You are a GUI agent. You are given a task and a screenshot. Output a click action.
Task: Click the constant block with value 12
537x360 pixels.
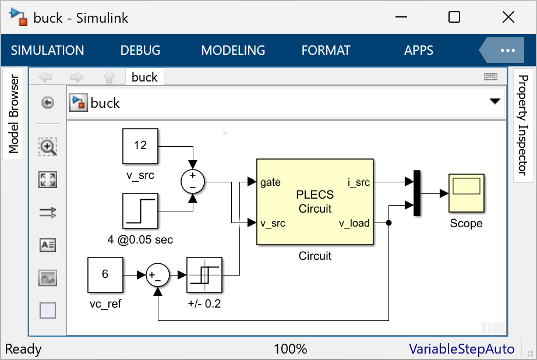tap(140, 146)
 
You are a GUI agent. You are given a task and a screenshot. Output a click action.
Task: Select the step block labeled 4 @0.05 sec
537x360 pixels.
tap(140, 210)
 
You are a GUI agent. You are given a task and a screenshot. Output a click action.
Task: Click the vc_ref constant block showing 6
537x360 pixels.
tap(105, 275)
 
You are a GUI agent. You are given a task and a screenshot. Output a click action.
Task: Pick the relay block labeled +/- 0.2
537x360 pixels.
tap(204, 275)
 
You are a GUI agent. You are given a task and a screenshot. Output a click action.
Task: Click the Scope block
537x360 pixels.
tap(466, 193)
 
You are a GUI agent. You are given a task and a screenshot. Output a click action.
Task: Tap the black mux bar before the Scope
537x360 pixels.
tap(417, 193)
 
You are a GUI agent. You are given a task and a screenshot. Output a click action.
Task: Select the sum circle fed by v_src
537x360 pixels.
tap(193, 181)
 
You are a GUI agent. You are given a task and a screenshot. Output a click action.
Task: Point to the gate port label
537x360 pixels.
tap(271, 182)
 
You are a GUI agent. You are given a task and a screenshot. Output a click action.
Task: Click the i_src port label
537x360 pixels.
tap(359, 182)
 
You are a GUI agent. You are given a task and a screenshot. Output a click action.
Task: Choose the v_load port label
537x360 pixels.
tap(355, 223)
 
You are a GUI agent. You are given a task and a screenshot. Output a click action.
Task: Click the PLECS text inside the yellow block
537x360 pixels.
tap(315, 195)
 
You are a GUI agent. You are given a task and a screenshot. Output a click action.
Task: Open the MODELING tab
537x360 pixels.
tap(233, 51)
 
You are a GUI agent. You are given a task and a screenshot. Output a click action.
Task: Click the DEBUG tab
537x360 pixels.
tap(140, 51)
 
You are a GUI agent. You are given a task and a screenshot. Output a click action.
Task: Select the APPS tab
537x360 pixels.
tap(419, 51)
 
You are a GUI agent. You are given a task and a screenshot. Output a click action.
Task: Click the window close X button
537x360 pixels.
tap(508, 17)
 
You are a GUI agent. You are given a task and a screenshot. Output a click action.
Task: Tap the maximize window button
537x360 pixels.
tap(454, 17)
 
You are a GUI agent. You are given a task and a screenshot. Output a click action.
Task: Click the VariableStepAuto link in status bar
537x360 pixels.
tap(461, 349)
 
